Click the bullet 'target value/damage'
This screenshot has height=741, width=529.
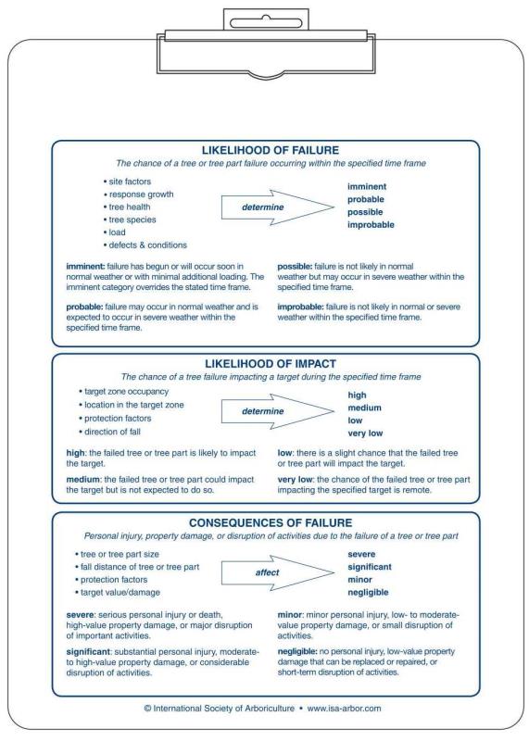pos(124,591)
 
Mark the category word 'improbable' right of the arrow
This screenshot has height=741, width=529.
pos(371,225)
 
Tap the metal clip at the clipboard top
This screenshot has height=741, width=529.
pos(264,31)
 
